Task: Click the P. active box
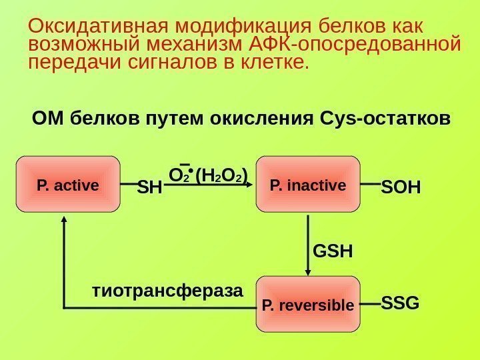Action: [x=68, y=183]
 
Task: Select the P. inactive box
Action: [x=308, y=183]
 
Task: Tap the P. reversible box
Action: [x=308, y=305]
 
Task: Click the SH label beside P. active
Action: [x=149, y=189]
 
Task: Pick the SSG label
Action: [x=400, y=304]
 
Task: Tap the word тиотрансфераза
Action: [x=167, y=291]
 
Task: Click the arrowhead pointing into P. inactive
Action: [x=252, y=186]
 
